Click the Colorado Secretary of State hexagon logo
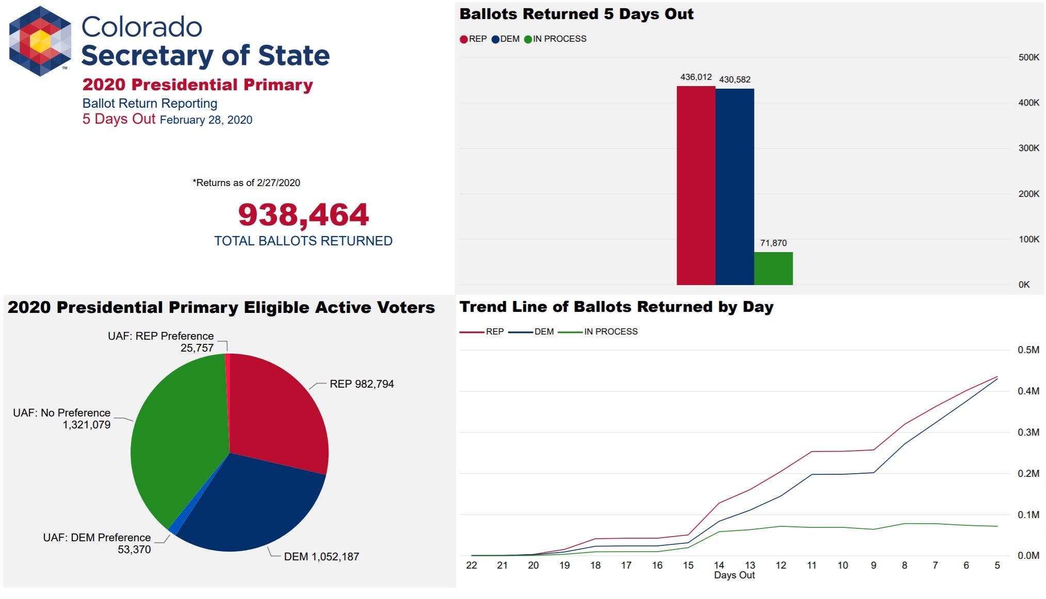[x=40, y=41]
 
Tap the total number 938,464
[x=303, y=215]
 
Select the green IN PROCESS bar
[x=773, y=268]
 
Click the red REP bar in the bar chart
[x=695, y=186]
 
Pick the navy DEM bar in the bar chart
[x=734, y=187]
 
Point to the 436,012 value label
[x=696, y=77]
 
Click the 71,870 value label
[x=773, y=243]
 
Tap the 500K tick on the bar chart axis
[x=1028, y=57]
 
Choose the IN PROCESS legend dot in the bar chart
[x=528, y=39]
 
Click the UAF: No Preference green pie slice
[x=175, y=438]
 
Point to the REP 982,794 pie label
[x=362, y=384]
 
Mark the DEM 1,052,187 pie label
[x=321, y=557]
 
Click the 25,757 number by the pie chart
[x=197, y=348]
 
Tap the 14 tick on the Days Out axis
[x=719, y=565]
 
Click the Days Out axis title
[x=734, y=575]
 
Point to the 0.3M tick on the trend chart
[x=1028, y=432]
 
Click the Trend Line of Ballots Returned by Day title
[x=616, y=307]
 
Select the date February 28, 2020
[x=206, y=120]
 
